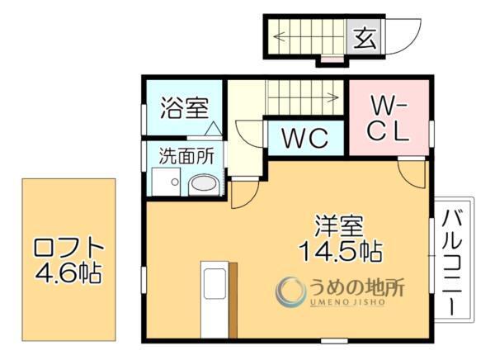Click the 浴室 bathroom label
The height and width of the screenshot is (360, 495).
184,108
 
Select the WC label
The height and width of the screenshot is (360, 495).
305,138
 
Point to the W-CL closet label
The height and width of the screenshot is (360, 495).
389,119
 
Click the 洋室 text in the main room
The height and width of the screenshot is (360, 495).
339,225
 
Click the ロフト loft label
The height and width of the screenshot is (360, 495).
69,247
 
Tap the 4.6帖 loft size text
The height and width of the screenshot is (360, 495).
69,272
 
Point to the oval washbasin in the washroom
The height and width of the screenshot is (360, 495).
203,185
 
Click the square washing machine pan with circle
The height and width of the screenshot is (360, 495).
166,182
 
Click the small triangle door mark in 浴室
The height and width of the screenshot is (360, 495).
213,129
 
